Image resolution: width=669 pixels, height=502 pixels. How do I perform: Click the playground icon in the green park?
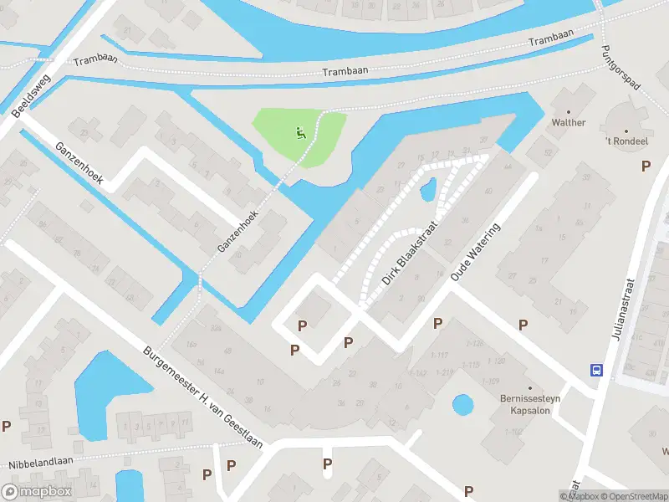[x=300, y=131]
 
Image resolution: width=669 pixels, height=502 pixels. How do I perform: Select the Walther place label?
[x=569, y=122]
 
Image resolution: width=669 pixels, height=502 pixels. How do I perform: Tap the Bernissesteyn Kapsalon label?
[x=529, y=405]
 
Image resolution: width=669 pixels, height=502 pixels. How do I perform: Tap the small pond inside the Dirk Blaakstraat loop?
[x=427, y=192]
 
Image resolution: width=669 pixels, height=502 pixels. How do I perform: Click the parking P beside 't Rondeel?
[x=645, y=166]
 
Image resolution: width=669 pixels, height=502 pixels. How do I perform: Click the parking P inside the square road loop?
[x=303, y=325]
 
